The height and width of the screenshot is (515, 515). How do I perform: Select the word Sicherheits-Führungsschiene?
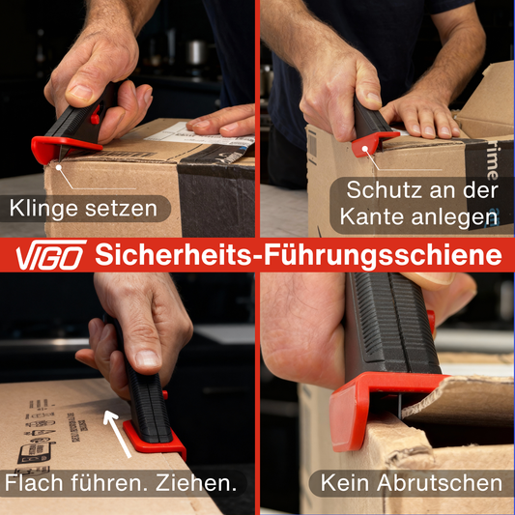298,256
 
